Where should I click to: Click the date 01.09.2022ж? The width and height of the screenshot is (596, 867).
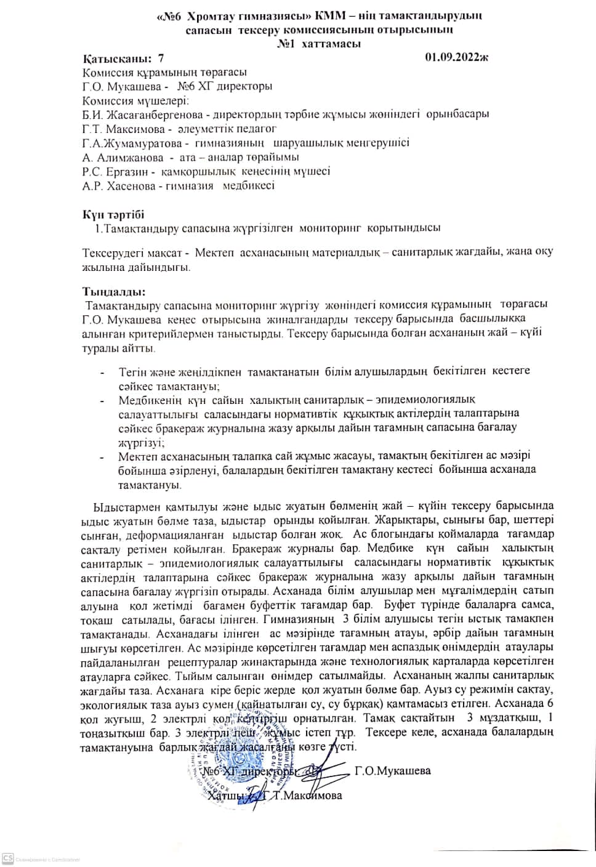pos(456,58)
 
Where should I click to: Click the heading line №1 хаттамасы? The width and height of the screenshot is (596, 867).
pos(319,44)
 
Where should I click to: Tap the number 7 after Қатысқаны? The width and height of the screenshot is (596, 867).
pos(161,58)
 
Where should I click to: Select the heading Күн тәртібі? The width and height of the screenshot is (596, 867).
pos(113,214)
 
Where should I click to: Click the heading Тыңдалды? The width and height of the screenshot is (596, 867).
pos(115,292)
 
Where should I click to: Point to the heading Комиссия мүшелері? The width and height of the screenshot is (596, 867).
pos(135,101)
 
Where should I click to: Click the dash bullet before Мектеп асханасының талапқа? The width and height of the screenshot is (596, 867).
pos(102,457)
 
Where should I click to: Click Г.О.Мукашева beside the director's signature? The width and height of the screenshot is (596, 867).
pos(393,771)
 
